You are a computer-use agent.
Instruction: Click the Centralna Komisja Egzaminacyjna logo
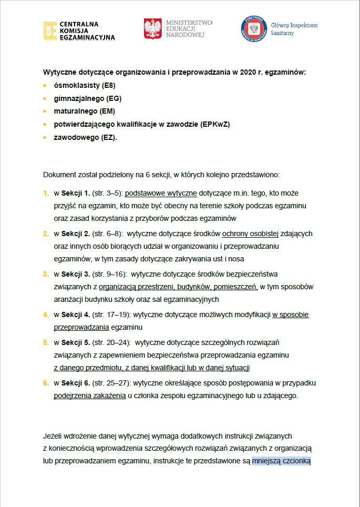pyautogui.click(x=79, y=31)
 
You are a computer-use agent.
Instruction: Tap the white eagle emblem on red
pyautogui.click(x=153, y=29)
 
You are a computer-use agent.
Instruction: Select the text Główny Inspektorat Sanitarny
pyautogui.click(x=294, y=29)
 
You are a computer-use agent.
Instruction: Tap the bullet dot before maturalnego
pyautogui.click(x=45, y=112)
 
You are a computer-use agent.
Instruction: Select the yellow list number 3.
pyautogui.click(x=45, y=275)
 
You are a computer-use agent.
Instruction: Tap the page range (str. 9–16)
pyautogui.click(x=109, y=275)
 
